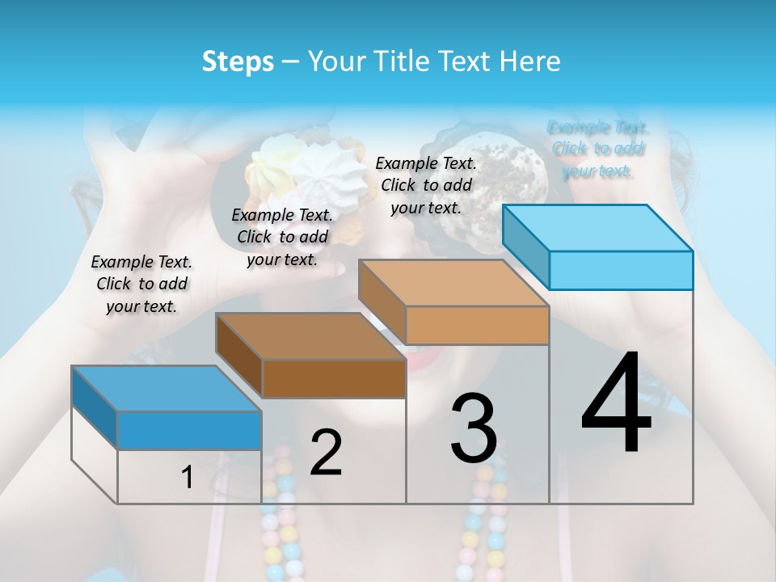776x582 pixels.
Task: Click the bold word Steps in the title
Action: [x=238, y=61]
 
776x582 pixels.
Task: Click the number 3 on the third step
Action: [x=474, y=428]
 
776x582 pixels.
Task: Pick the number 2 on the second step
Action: [x=326, y=453]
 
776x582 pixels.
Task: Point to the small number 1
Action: [x=188, y=478]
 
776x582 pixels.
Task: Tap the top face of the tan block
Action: [x=453, y=283]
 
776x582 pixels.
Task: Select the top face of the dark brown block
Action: [x=310, y=336]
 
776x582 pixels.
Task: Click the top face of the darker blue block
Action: [x=167, y=389]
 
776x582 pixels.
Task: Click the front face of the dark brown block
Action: [x=334, y=378]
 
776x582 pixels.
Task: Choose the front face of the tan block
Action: [x=477, y=325]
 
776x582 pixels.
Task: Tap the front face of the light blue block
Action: [x=621, y=270]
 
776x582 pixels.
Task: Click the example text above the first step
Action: [x=141, y=284]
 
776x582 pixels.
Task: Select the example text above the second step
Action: [x=282, y=237]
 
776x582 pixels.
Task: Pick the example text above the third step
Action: [x=426, y=185]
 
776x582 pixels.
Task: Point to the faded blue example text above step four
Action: [x=597, y=149]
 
